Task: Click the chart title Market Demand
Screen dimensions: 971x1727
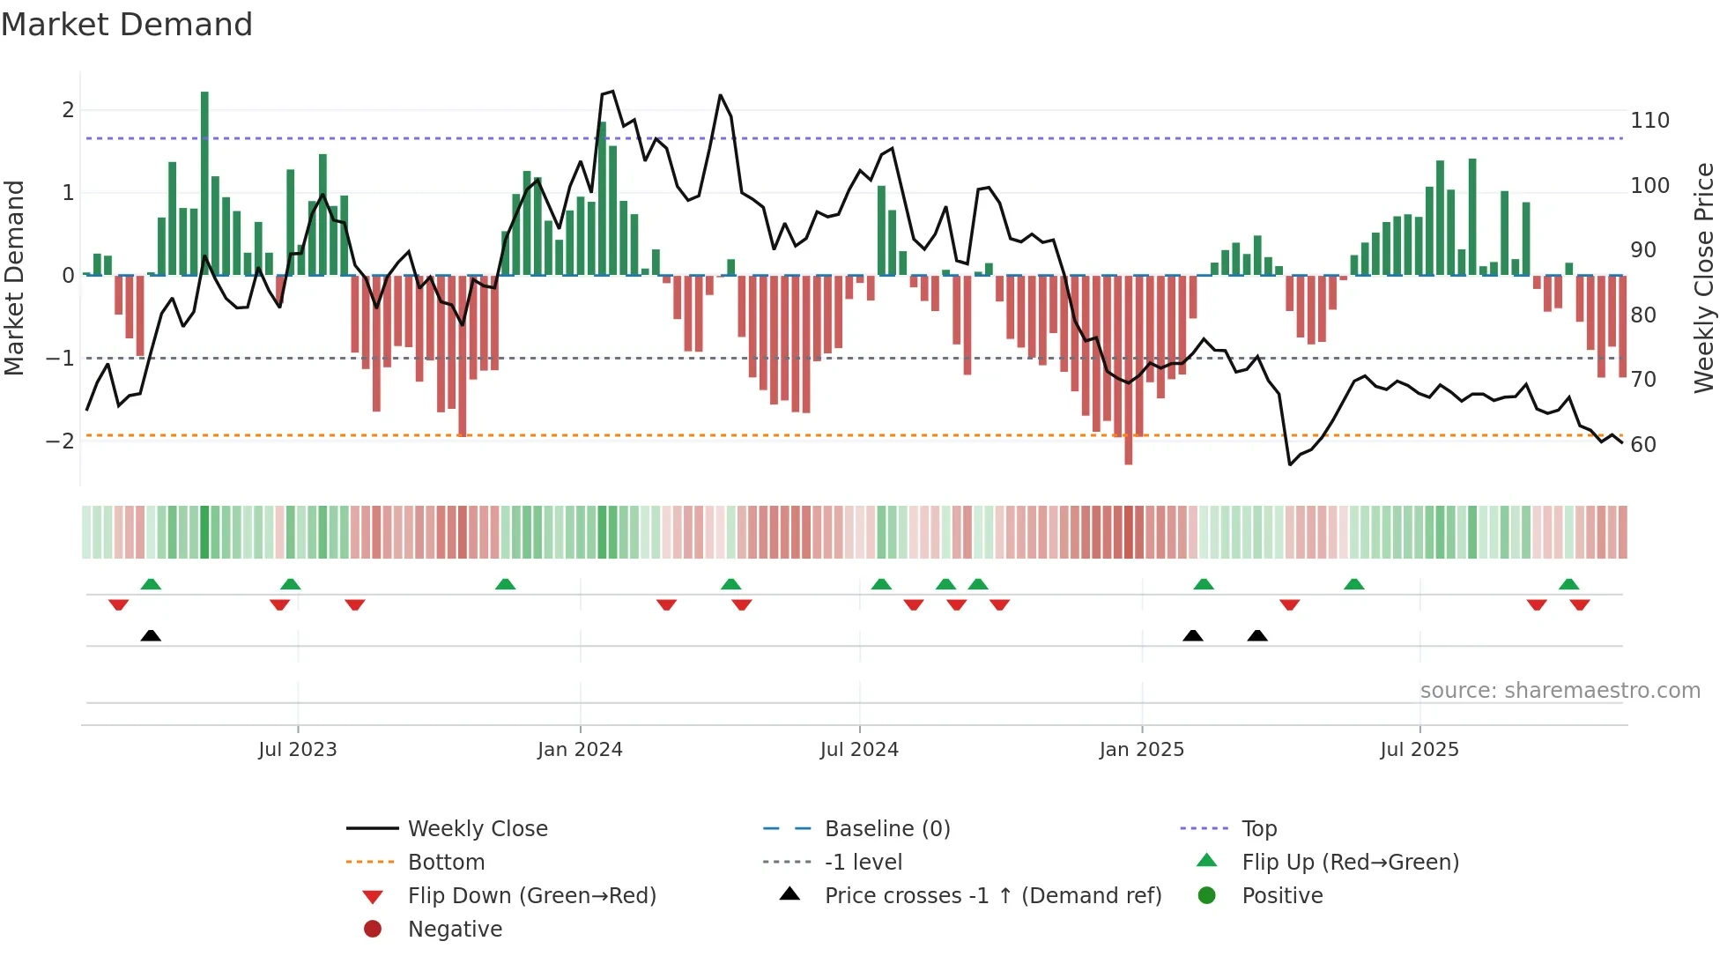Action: coord(127,25)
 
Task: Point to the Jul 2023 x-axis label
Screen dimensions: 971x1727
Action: coord(298,750)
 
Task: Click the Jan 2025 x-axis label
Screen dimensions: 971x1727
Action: coord(1141,750)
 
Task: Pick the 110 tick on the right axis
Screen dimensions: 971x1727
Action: coord(1649,121)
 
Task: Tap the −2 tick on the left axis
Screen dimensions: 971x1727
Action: coord(60,441)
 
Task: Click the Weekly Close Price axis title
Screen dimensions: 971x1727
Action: coord(1704,278)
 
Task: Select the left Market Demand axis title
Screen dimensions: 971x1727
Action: coord(15,278)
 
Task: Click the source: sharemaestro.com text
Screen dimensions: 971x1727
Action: coord(1560,691)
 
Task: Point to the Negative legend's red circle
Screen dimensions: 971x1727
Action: coord(373,930)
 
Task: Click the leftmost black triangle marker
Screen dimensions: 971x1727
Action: coord(151,635)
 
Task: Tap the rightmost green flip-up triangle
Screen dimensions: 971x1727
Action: coord(1568,584)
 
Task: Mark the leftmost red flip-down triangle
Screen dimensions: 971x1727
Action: coord(118,604)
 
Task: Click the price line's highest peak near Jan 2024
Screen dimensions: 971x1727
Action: coord(612,91)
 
